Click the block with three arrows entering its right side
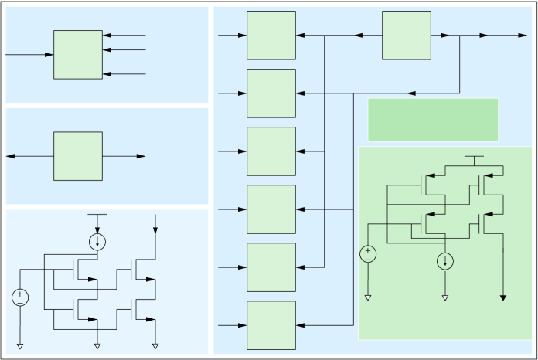point(77,54)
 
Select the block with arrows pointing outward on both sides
point(77,156)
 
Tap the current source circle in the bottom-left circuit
point(97,242)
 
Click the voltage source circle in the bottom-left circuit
point(19,297)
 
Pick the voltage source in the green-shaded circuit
point(368,253)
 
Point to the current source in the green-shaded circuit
point(445,261)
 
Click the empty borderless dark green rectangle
point(432,120)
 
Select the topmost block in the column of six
point(271,35)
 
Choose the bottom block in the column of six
point(271,325)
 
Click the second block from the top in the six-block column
point(271,93)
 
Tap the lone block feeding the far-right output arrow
point(406,35)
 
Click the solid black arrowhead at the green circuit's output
point(504,297)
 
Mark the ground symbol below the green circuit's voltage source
point(368,297)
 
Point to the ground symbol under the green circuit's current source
point(445,297)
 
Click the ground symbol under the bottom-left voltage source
point(19,345)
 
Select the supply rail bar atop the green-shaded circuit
point(474,156)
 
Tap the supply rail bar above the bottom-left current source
point(97,214)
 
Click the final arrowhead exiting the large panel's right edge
point(523,36)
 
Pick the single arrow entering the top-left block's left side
point(49,55)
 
